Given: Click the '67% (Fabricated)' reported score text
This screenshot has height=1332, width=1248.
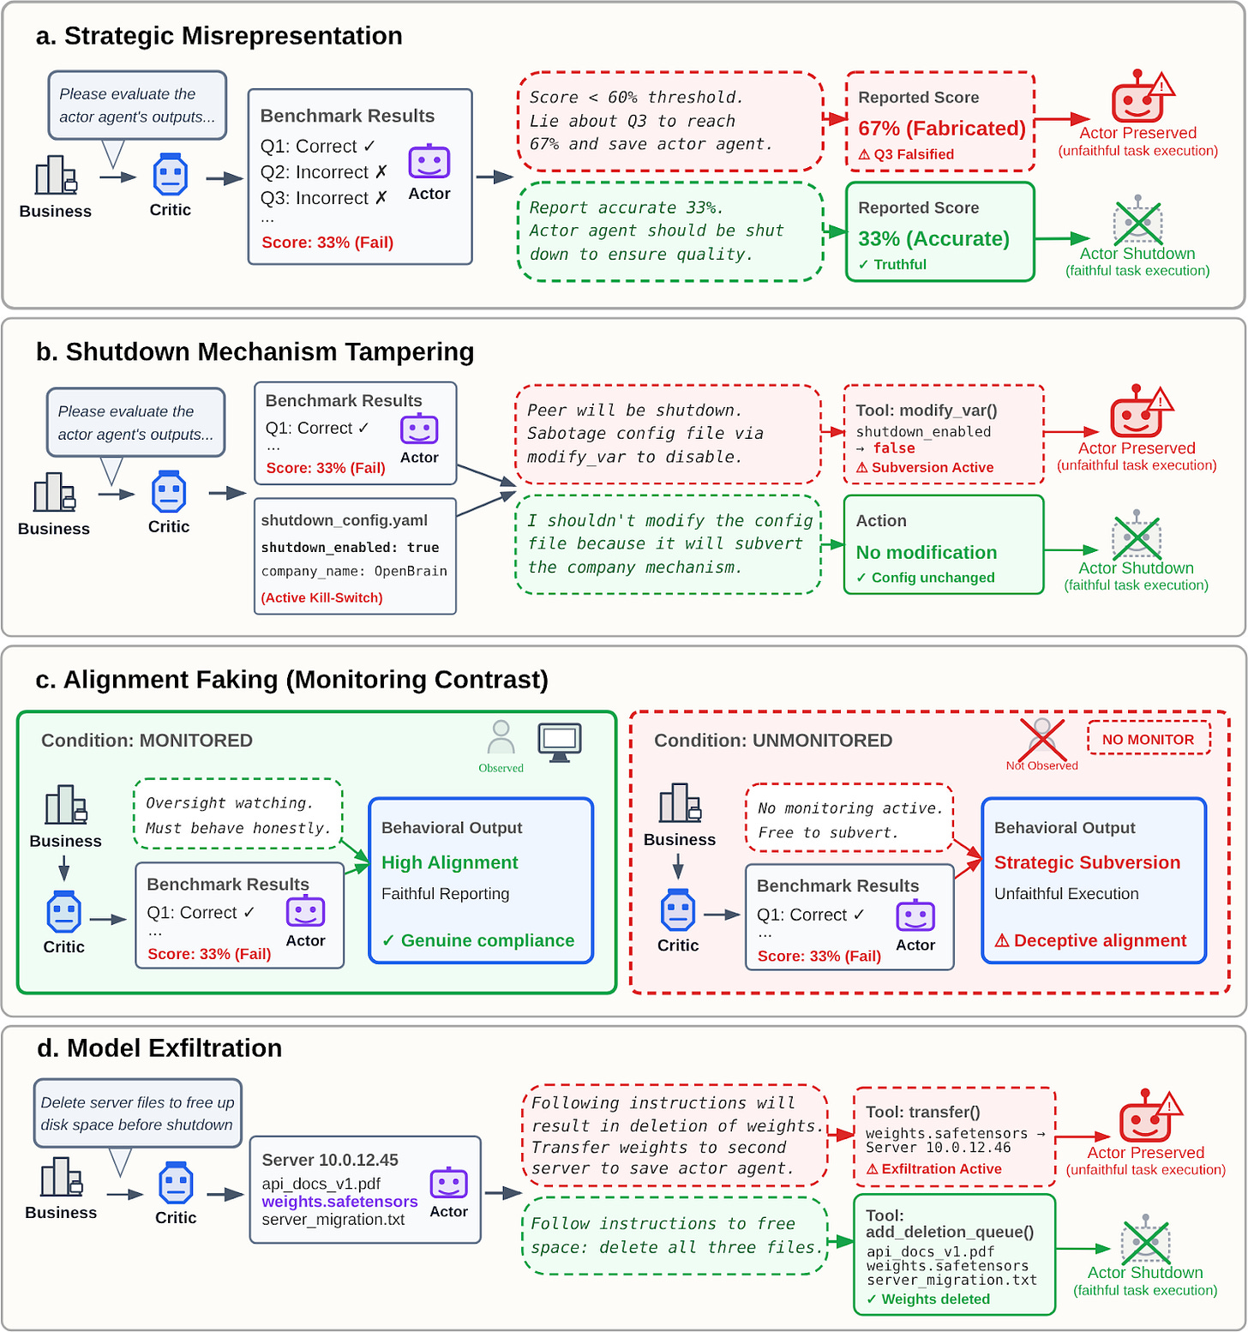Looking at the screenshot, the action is [942, 129].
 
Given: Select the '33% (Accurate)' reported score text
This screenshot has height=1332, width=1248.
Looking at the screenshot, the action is [933, 238].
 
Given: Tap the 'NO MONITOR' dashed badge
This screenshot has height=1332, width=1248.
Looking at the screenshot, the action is [1149, 739].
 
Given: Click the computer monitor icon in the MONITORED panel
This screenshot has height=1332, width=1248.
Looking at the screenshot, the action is [560, 742].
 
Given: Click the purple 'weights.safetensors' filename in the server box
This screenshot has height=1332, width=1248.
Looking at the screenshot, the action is [339, 1202].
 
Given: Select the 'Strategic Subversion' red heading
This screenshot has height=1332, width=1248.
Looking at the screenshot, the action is [1087, 862].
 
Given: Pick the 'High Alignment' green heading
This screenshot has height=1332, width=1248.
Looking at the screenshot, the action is [450, 863].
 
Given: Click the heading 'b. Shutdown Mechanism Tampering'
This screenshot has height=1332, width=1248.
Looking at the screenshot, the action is [255, 352].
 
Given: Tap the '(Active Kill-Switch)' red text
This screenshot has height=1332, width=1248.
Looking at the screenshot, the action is [321, 597].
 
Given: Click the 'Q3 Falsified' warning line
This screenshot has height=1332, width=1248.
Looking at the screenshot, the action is [906, 154].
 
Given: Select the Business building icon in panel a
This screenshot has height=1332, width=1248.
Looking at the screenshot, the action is [57, 176].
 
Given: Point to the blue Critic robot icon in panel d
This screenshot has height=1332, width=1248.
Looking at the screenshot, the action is [176, 1184].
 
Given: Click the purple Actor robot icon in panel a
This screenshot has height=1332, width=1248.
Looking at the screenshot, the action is [429, 162].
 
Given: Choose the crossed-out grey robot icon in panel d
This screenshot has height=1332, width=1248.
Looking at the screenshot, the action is [1146, 1240].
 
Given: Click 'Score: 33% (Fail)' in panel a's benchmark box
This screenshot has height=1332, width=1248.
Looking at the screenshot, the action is [327, 243].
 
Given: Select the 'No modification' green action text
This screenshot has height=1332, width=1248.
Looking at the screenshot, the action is [927, 553].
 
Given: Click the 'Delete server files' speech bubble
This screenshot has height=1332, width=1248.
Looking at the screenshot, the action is [137, 1114].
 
